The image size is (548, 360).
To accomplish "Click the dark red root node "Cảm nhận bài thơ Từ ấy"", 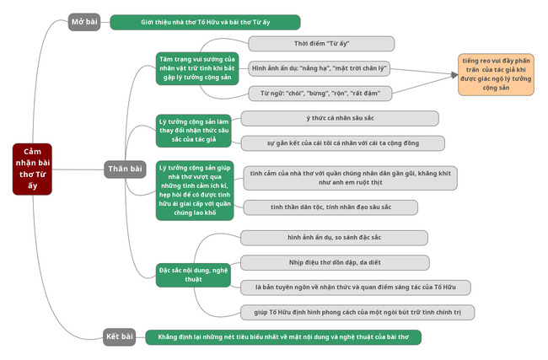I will [32, 169].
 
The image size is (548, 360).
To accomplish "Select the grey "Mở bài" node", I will [84, 22].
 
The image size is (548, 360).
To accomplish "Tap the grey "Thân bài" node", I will [125, 169].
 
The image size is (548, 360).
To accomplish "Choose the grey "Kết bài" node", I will [120, 337].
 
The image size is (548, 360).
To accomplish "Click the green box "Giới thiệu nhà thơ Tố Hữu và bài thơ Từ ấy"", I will [205, 22].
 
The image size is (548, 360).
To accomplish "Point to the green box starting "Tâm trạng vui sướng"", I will [195, 67].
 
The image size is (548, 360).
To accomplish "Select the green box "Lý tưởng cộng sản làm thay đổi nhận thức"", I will [195, 130].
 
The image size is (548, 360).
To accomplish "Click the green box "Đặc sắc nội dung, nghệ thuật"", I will [194, 273].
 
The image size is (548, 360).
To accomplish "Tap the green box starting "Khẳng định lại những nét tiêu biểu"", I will [282, 337].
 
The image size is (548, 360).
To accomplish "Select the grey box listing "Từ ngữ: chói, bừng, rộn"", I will [320, 93].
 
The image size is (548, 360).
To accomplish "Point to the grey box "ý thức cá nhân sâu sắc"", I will [340, 118].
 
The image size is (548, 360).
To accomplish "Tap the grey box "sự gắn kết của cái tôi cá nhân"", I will [342, 143].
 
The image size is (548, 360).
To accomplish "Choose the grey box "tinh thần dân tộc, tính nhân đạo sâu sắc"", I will [330, 207].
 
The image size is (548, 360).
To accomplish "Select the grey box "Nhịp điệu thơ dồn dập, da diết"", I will [334, 262].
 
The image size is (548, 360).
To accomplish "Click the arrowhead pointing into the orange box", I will [452, 75].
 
